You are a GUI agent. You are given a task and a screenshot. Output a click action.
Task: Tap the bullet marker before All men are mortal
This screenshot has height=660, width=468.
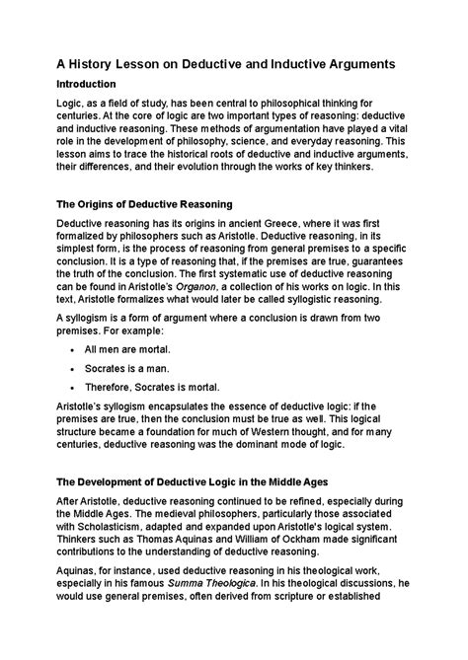[x=75, y=350]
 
